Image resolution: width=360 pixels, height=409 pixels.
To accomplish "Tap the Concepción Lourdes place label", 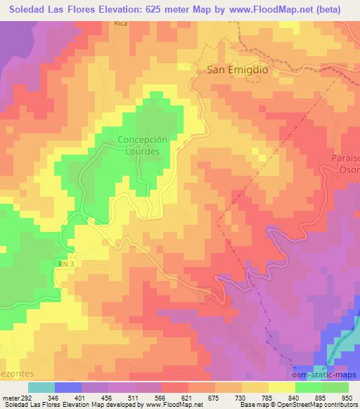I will pos(143,145).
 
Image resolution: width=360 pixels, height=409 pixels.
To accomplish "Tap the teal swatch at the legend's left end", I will pos(41,387).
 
